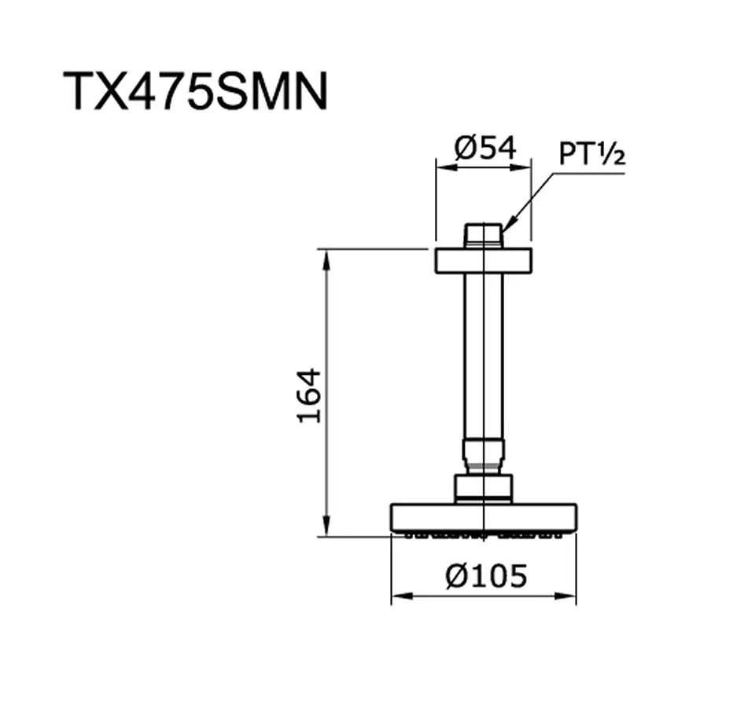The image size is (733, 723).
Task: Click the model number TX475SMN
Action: [195, 91]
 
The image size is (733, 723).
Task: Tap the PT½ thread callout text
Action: [591, 154]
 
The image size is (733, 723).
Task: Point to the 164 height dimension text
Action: [310, 395]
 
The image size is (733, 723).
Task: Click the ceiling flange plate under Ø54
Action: [483, 261]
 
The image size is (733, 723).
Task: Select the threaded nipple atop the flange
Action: [483, 236]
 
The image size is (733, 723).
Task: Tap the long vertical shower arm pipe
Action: [483, 354]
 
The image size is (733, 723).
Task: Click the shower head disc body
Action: [483, 516]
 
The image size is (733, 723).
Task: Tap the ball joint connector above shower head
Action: [483, 455]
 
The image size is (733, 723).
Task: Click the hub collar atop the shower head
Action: [483, 487]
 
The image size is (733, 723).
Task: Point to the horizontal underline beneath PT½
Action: [586, 173]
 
